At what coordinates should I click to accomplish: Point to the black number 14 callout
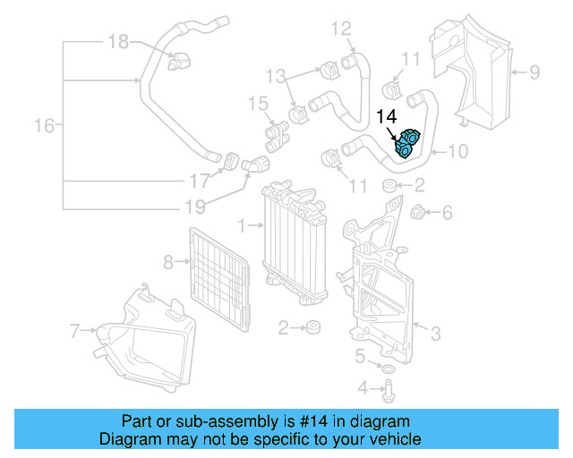pos(387,117)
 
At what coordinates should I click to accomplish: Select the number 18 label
pos(118,41)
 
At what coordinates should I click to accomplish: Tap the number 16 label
pos(44,126)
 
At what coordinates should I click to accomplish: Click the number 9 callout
pos(534,71)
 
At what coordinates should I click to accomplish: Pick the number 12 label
pos(342,30)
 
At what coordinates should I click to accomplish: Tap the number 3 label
pos(435,335)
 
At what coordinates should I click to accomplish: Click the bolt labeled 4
pos(389,388)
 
